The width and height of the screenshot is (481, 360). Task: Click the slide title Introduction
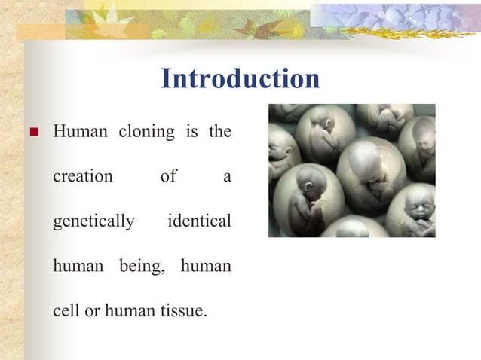pos(240,79)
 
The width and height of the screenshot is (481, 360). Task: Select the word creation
pos(82,177)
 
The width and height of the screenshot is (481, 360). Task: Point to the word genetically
pos(93,222)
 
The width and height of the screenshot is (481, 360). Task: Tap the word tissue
pos(183,310)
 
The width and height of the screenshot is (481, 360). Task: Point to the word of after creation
pos(168,177)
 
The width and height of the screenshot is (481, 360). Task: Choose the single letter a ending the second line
pos(227,178)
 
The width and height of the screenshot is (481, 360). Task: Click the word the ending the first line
pos(219,133)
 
